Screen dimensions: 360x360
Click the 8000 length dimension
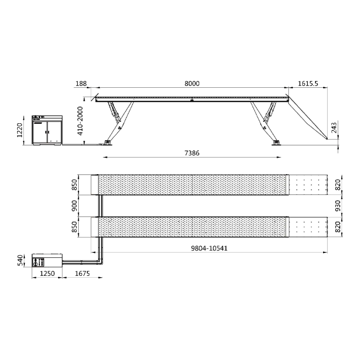tap(192, 84)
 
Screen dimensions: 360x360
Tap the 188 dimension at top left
tap(81, 84)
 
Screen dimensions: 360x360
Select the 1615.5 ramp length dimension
tap(308, 84)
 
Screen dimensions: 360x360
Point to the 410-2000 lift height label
tap(80, 121)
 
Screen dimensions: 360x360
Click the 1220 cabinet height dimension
tap(20, 130)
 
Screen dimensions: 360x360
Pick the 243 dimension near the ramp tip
tap(334, 128)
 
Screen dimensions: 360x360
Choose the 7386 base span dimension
tap(192, 153)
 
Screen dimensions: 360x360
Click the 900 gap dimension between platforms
tap(75, 206)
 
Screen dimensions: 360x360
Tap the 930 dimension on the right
tap(338, 206)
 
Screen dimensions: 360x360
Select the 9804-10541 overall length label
tap(209, 248)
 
